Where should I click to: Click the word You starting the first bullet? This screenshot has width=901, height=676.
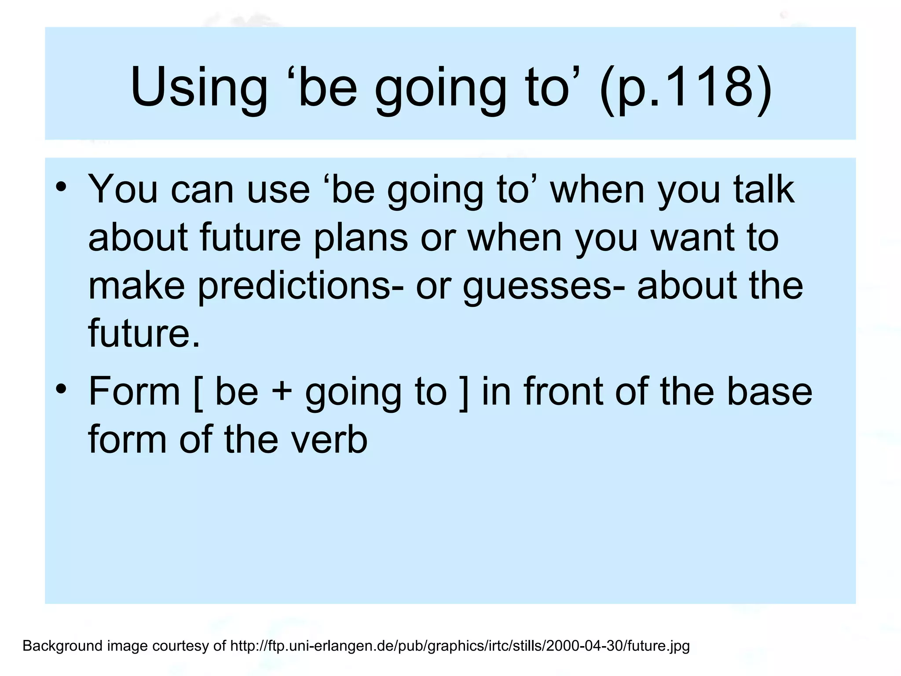pyautogui.click(x=123, y=190)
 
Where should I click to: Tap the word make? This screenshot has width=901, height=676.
pyautogui.click(x=136, y=286)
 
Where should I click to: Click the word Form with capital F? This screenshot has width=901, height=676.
pyautogui.click(x=134, y=391)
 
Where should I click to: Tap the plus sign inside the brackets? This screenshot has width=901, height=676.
pyautogui.click(x=282, y=392)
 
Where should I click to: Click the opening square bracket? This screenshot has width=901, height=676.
pyautogui.click(x=198, y=392)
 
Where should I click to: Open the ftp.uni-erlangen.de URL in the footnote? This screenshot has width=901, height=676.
pyautogui.click(x=460, y=646)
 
